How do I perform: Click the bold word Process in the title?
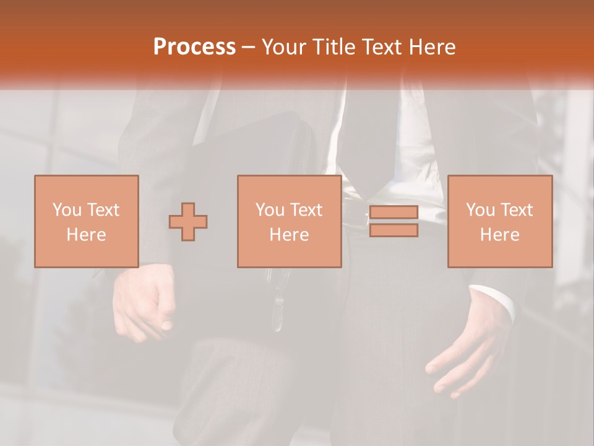194,46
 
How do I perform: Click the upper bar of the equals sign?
394,212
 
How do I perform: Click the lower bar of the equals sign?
394,230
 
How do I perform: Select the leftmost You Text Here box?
87,221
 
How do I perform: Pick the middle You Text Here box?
289,221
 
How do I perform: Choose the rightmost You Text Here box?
499,221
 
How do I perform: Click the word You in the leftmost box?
67,209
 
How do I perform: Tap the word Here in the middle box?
289,234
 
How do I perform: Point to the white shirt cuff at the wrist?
495,300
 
